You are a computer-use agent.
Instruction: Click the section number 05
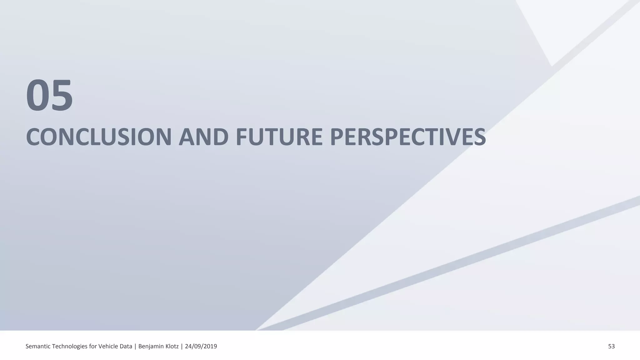point(49,96)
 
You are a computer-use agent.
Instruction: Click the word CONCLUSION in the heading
point(99,137)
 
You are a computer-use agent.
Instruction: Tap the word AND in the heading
point(203,137)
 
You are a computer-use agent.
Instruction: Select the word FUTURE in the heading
point(279,137)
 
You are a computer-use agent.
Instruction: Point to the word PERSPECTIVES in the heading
point(408,137)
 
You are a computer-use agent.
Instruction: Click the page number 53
point(611,346)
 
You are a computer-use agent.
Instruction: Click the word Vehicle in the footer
point(108,346)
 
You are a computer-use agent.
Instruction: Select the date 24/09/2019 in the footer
point(201,346)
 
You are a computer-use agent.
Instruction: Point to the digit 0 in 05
point(37,96)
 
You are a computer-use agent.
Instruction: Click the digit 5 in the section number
point(61,96)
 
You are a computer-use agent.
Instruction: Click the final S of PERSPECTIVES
point(479,137)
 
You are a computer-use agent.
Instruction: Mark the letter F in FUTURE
point(242,137)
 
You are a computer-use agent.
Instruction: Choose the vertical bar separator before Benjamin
point(135,346)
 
